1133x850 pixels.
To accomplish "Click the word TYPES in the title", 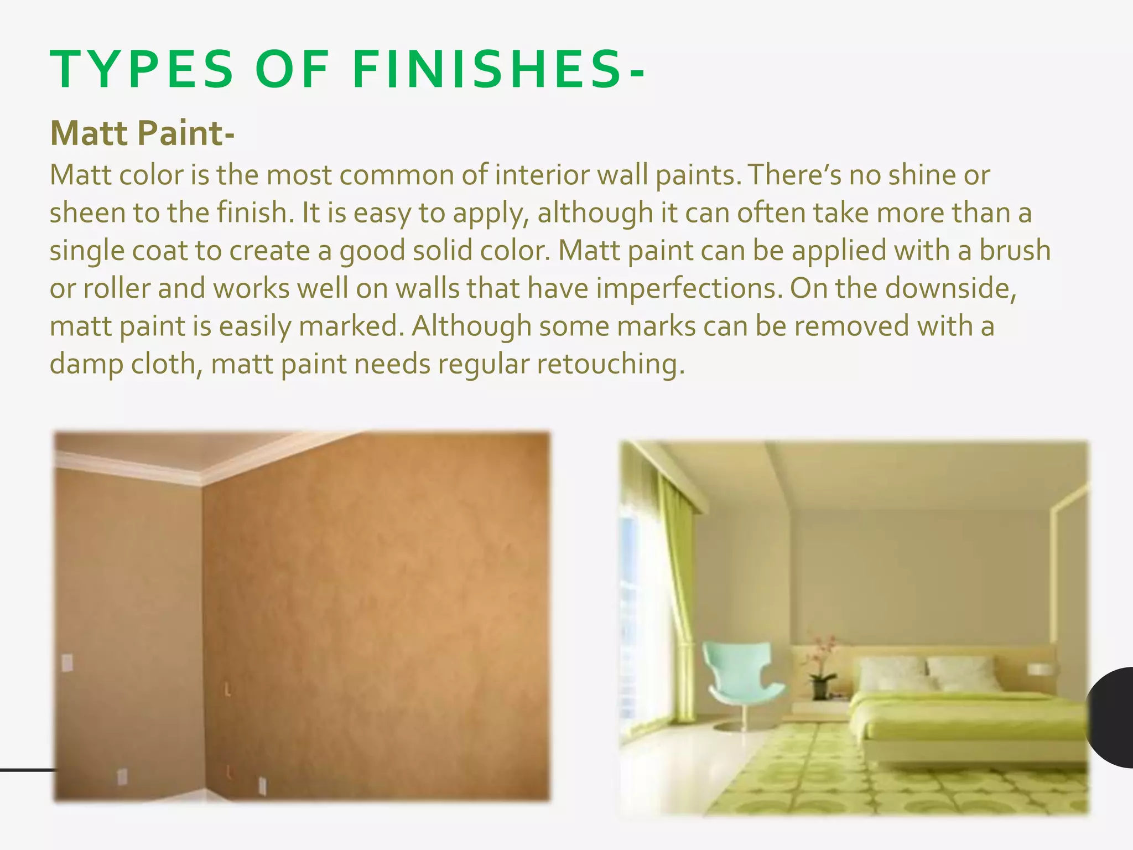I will click(x=142, y=70).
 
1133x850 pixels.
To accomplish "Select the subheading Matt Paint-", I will click(x=142, y=133).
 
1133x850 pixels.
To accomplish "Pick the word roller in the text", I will click(x=116, y=289).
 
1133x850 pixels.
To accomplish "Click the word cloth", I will click(x=167, y=365).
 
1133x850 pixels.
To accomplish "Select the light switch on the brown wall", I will click(x=67, y=662).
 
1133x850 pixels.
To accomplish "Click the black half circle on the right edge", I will click(x=1112, y=717).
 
